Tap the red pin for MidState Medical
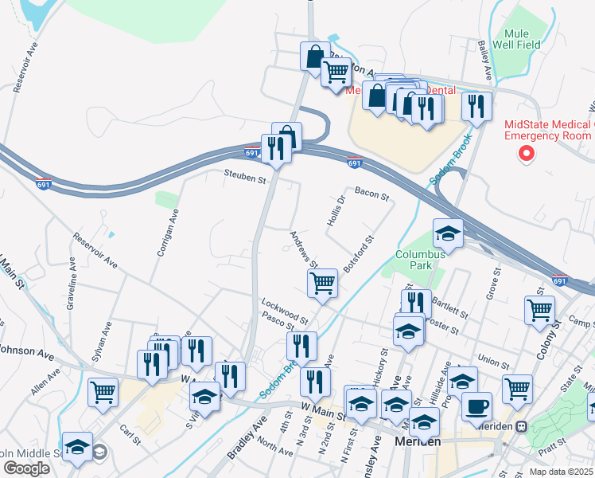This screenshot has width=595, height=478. (525, 153)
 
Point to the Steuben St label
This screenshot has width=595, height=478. (244, 179)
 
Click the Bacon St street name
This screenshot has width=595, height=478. (371, 193)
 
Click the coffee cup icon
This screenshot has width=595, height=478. (476, 406)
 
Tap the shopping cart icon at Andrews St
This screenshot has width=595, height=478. (322, 282)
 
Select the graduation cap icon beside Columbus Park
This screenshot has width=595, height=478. (448, 233)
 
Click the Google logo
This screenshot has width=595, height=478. (26, 468)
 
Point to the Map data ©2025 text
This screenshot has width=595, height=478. (562, 472)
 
